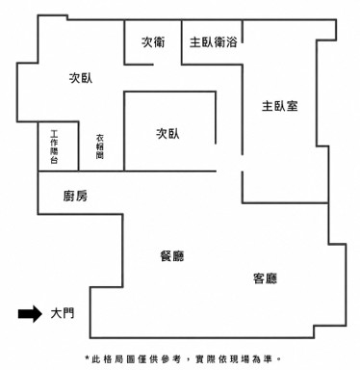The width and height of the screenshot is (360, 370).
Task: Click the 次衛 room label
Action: [x=153, y=41]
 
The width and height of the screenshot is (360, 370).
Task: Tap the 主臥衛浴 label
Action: [x=213, y=41]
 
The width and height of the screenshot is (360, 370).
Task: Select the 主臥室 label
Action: [x=280, y=106]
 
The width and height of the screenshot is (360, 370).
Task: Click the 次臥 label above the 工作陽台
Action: [x=81, y=78]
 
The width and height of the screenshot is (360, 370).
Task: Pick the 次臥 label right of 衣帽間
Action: [x=167, y=134]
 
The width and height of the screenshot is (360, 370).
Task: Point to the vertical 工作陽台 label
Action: [x=54, y=146]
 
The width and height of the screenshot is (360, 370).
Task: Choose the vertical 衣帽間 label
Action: [x=100, y=146]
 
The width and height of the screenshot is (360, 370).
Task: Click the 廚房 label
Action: [x=75, y=196]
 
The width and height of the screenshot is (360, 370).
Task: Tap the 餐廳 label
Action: [x=172, y=256]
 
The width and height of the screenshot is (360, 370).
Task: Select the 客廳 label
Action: [x=265, y=278]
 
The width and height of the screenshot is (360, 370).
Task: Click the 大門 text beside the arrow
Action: [x=63, y=313]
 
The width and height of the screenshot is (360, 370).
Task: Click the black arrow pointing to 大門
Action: [x=30, y=313]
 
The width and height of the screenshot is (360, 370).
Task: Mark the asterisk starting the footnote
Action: [x=87, y=357]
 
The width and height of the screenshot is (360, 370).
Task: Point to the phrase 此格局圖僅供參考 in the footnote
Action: [x=136, y=359]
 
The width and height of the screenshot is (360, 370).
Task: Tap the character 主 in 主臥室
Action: [x=268, y=106]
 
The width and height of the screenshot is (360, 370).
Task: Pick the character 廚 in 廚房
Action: [x=69, y=196]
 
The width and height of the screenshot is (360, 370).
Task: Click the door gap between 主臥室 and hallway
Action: [x=243, y=163]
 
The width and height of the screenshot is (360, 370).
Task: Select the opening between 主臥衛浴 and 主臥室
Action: [x=243, y=53]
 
